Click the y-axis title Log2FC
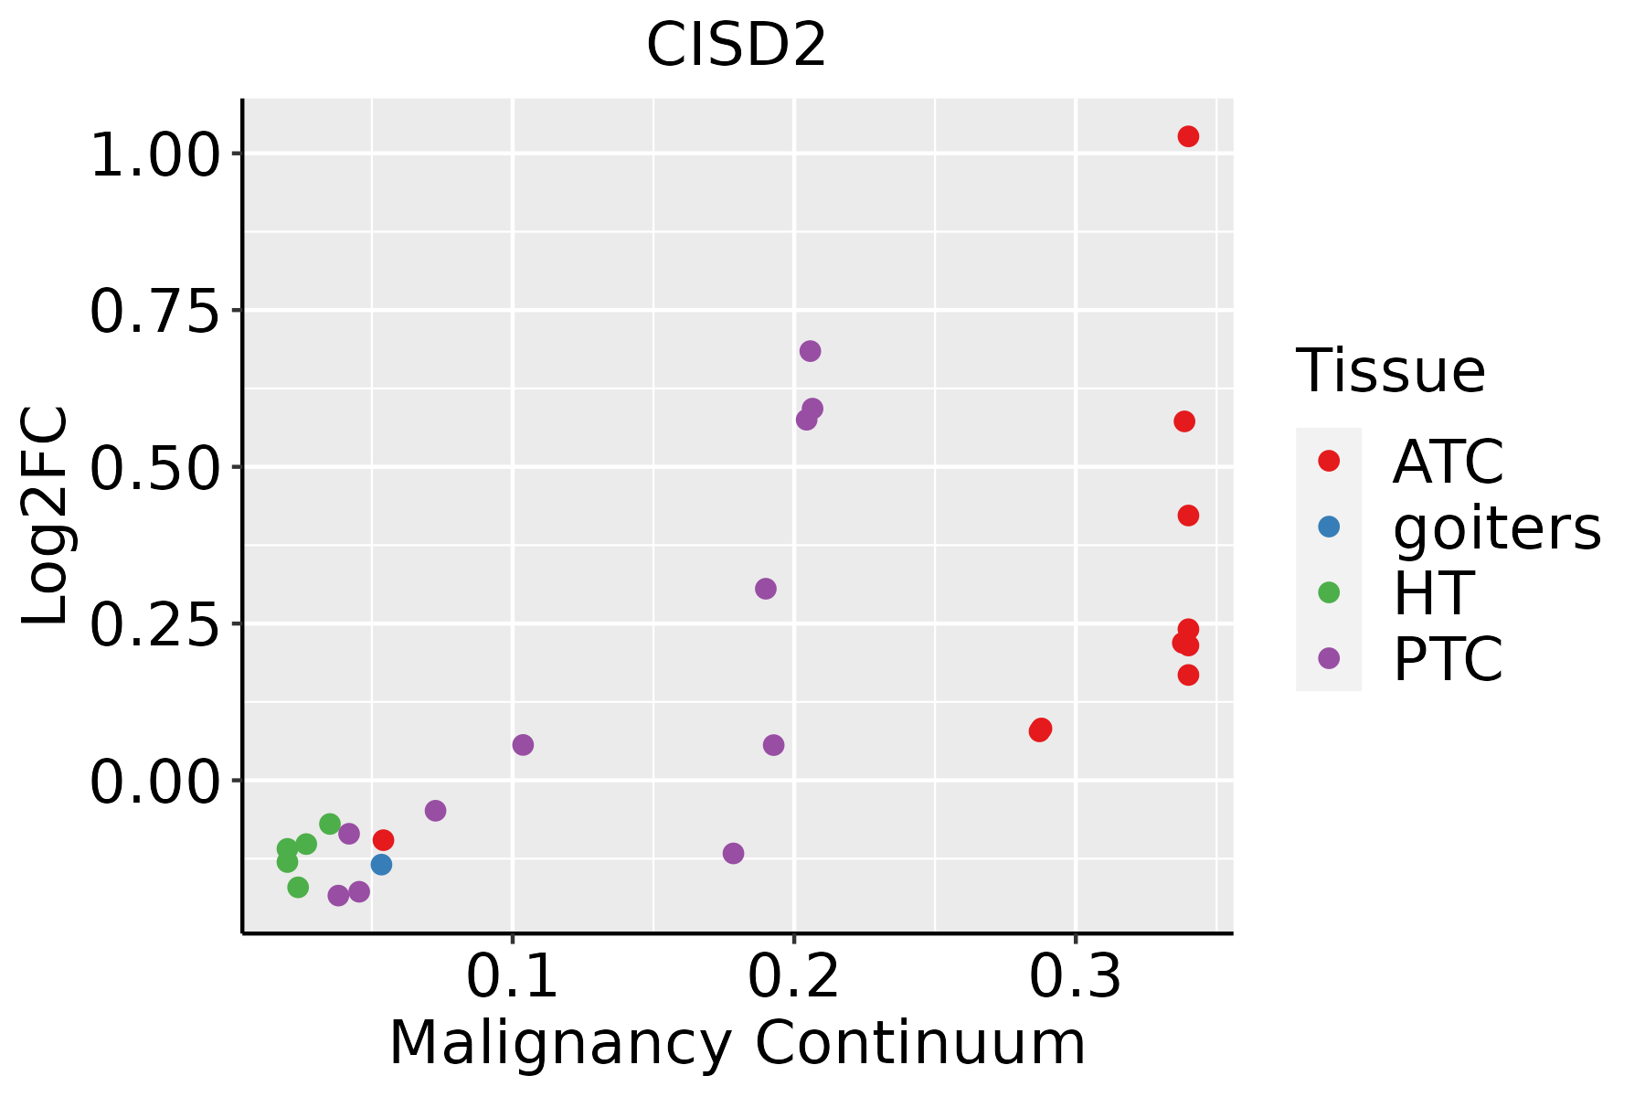[46, 517]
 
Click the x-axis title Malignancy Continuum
[737, 1044]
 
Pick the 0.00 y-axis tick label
[155, 782]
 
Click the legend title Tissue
[1391, 371]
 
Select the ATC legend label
[1448, 462]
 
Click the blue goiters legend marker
[1329, 527]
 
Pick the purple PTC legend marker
[1329, 658]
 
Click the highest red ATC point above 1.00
[1188, 136]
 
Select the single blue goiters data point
[382, 864]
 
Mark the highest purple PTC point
[810, 351]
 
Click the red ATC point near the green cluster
[384, 839]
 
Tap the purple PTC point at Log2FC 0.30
[766, 589]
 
